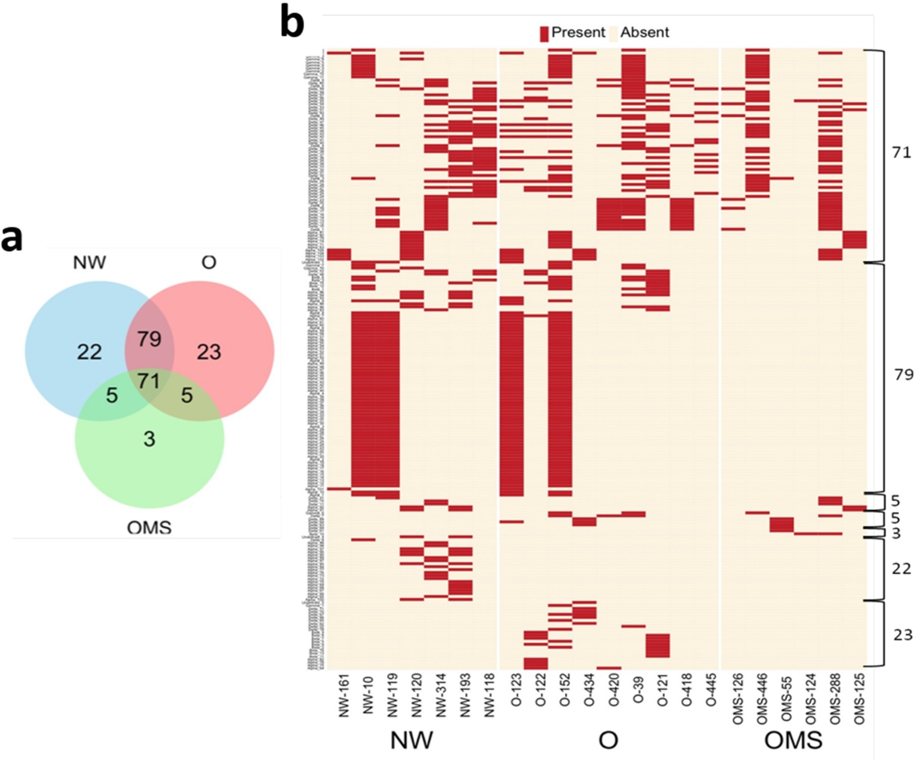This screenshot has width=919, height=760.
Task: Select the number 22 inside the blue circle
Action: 89,352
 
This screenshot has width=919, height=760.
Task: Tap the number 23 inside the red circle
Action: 209,352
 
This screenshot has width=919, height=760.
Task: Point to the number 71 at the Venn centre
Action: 149,381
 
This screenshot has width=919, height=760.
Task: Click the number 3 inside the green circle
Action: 150,439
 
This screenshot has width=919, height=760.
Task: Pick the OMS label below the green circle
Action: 149,528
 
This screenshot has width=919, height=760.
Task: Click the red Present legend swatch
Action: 544,34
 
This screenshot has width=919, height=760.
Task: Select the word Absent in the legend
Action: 645,32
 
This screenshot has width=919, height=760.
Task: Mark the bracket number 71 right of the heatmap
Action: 901,153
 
